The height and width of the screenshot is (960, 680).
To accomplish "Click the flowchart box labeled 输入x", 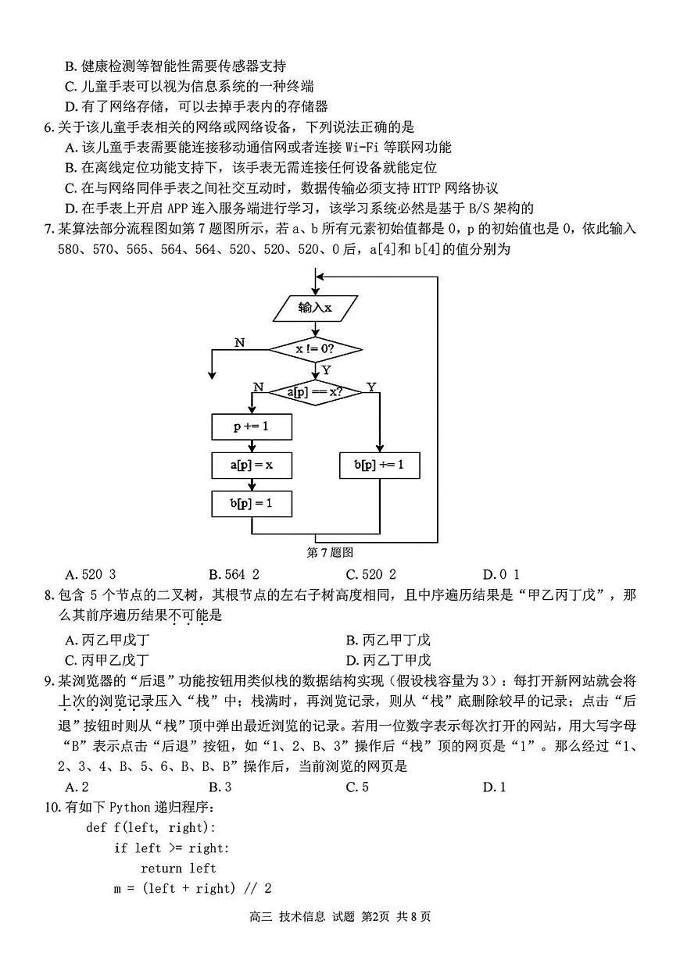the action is (x=315, y=307).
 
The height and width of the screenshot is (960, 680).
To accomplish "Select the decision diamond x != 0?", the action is (x=315, y=349).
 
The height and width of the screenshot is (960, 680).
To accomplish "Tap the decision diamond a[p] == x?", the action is (x=315, y=391).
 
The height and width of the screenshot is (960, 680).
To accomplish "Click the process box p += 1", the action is (x=251, y=427).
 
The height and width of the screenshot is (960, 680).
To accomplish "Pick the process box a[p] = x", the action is (x=251, y=465).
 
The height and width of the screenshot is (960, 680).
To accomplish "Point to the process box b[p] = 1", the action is (x=251, y=503).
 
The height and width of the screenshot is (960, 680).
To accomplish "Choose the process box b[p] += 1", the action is (x=379, y=465).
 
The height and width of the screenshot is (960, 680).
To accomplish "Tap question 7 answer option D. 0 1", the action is (x=501, y=573).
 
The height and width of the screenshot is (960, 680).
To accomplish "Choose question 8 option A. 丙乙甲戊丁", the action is (x=108, y=639).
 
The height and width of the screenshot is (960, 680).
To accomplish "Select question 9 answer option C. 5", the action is (x=357, y=787).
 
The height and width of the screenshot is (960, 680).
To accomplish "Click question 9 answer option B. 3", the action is (x=220, y=787).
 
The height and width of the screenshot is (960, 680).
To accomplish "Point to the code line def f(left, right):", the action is (x=150, y=827).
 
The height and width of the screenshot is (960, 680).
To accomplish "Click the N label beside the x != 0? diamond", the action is (x=239, y=343).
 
